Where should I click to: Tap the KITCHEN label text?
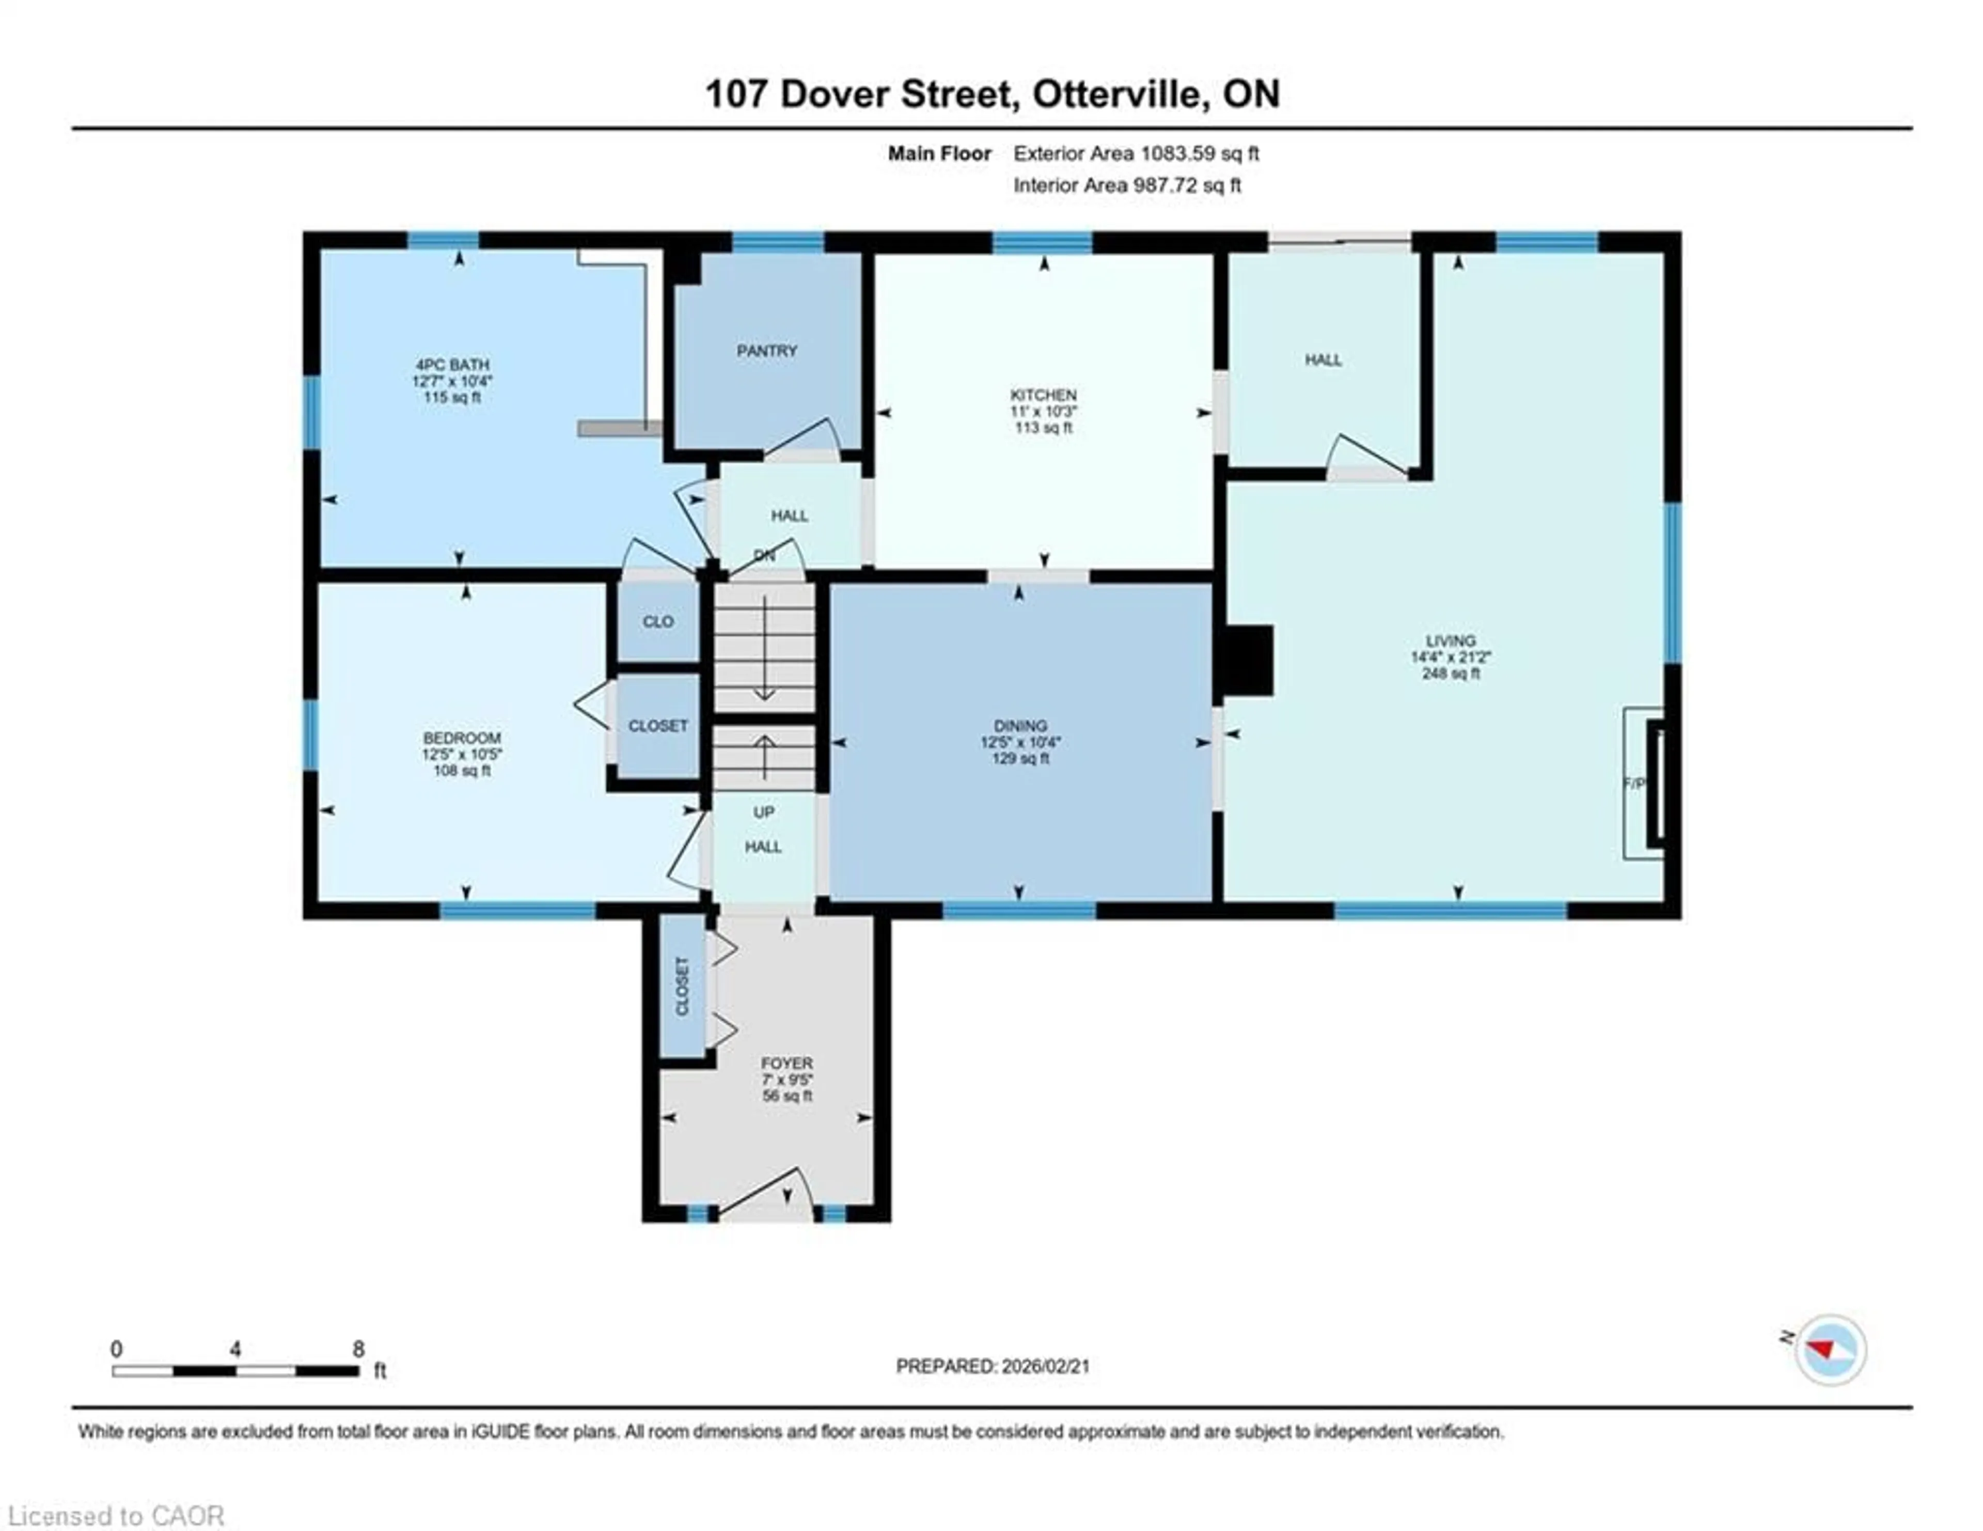(1043, 395)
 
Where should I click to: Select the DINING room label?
(1020, 726)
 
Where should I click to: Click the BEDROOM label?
(461, 738)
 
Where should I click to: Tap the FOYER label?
(787, 1063)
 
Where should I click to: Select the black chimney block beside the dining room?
(1249, 660)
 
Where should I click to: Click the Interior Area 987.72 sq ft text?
(1127, 185)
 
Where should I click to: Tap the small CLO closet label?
(658, 622)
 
